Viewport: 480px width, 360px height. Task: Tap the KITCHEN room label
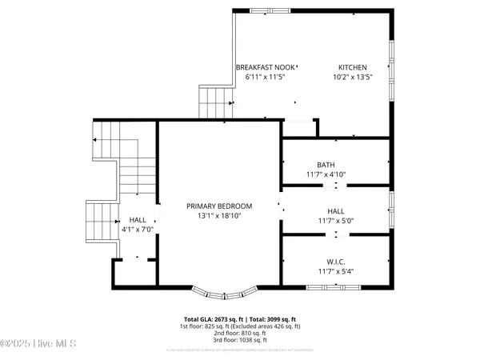[352, 68]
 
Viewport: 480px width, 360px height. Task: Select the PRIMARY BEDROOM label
[218, 206]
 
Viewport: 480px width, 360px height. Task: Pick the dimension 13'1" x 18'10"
[218, 215]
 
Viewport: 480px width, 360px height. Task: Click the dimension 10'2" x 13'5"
[352, 78]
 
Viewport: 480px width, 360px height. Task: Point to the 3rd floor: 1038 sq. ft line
[240, 341]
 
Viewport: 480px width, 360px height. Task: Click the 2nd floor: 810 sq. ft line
[240, 334]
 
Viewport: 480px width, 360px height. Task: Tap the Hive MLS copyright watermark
[38, 345]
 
